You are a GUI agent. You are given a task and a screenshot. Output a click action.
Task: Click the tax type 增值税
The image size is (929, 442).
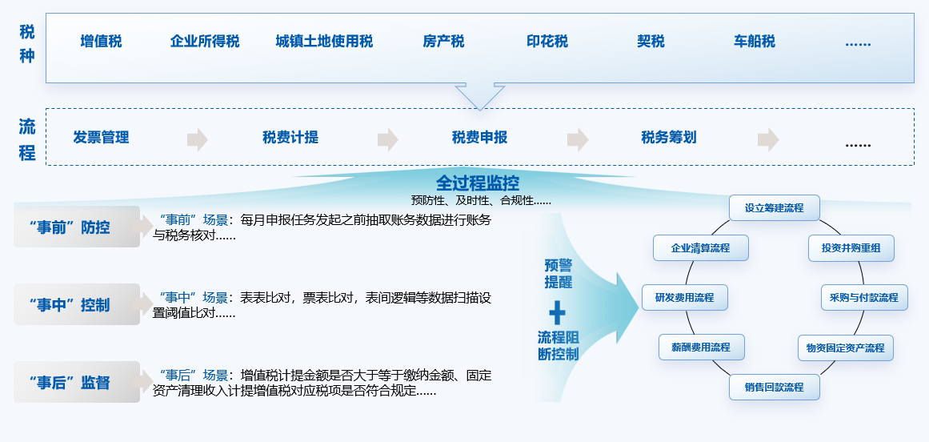102,42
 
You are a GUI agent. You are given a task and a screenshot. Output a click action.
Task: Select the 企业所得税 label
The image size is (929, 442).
205,42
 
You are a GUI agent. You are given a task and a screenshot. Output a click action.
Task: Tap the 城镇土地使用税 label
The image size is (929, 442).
324,42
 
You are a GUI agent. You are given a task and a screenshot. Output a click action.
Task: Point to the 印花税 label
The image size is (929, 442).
547,42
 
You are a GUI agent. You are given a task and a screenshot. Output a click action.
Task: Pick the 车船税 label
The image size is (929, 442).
755,42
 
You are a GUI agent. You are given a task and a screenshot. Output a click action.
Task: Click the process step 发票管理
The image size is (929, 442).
101,138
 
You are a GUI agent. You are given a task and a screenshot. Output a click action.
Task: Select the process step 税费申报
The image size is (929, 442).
479,138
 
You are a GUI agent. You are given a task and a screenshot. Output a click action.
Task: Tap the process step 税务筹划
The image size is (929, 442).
669,138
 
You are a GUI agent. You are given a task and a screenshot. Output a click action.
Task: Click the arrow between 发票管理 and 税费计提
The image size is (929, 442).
197,139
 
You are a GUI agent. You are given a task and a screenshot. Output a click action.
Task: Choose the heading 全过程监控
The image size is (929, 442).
478,183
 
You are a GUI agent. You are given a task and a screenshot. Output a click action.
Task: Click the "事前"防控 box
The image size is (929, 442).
77,227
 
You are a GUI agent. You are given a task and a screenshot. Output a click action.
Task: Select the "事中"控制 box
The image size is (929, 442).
77,305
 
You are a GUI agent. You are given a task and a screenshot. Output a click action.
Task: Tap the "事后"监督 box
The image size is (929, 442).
77,382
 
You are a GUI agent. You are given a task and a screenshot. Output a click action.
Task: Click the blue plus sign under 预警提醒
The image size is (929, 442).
557,312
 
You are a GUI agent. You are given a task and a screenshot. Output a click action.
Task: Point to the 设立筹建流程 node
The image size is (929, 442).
774,207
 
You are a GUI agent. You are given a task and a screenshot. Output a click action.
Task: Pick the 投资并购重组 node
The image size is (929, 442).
851,248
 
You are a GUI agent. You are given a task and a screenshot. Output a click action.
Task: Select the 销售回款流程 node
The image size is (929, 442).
774,388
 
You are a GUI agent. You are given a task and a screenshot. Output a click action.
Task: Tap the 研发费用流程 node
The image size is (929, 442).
684,297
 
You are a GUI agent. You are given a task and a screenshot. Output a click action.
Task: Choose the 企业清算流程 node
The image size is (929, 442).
700,248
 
